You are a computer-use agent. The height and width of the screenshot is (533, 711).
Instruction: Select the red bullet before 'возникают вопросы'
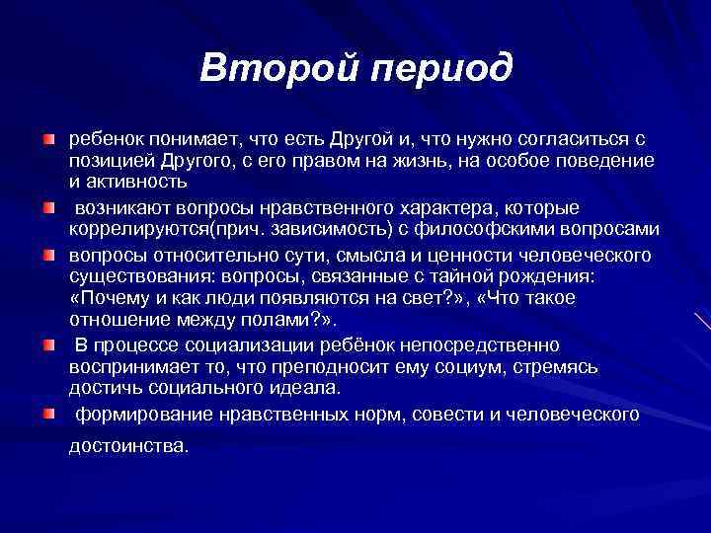(x=48, y=208)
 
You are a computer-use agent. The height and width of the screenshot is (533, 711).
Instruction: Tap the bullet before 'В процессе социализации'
(x=48, y=344)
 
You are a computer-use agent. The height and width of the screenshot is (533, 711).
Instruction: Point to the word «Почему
(x=108, y=298)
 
